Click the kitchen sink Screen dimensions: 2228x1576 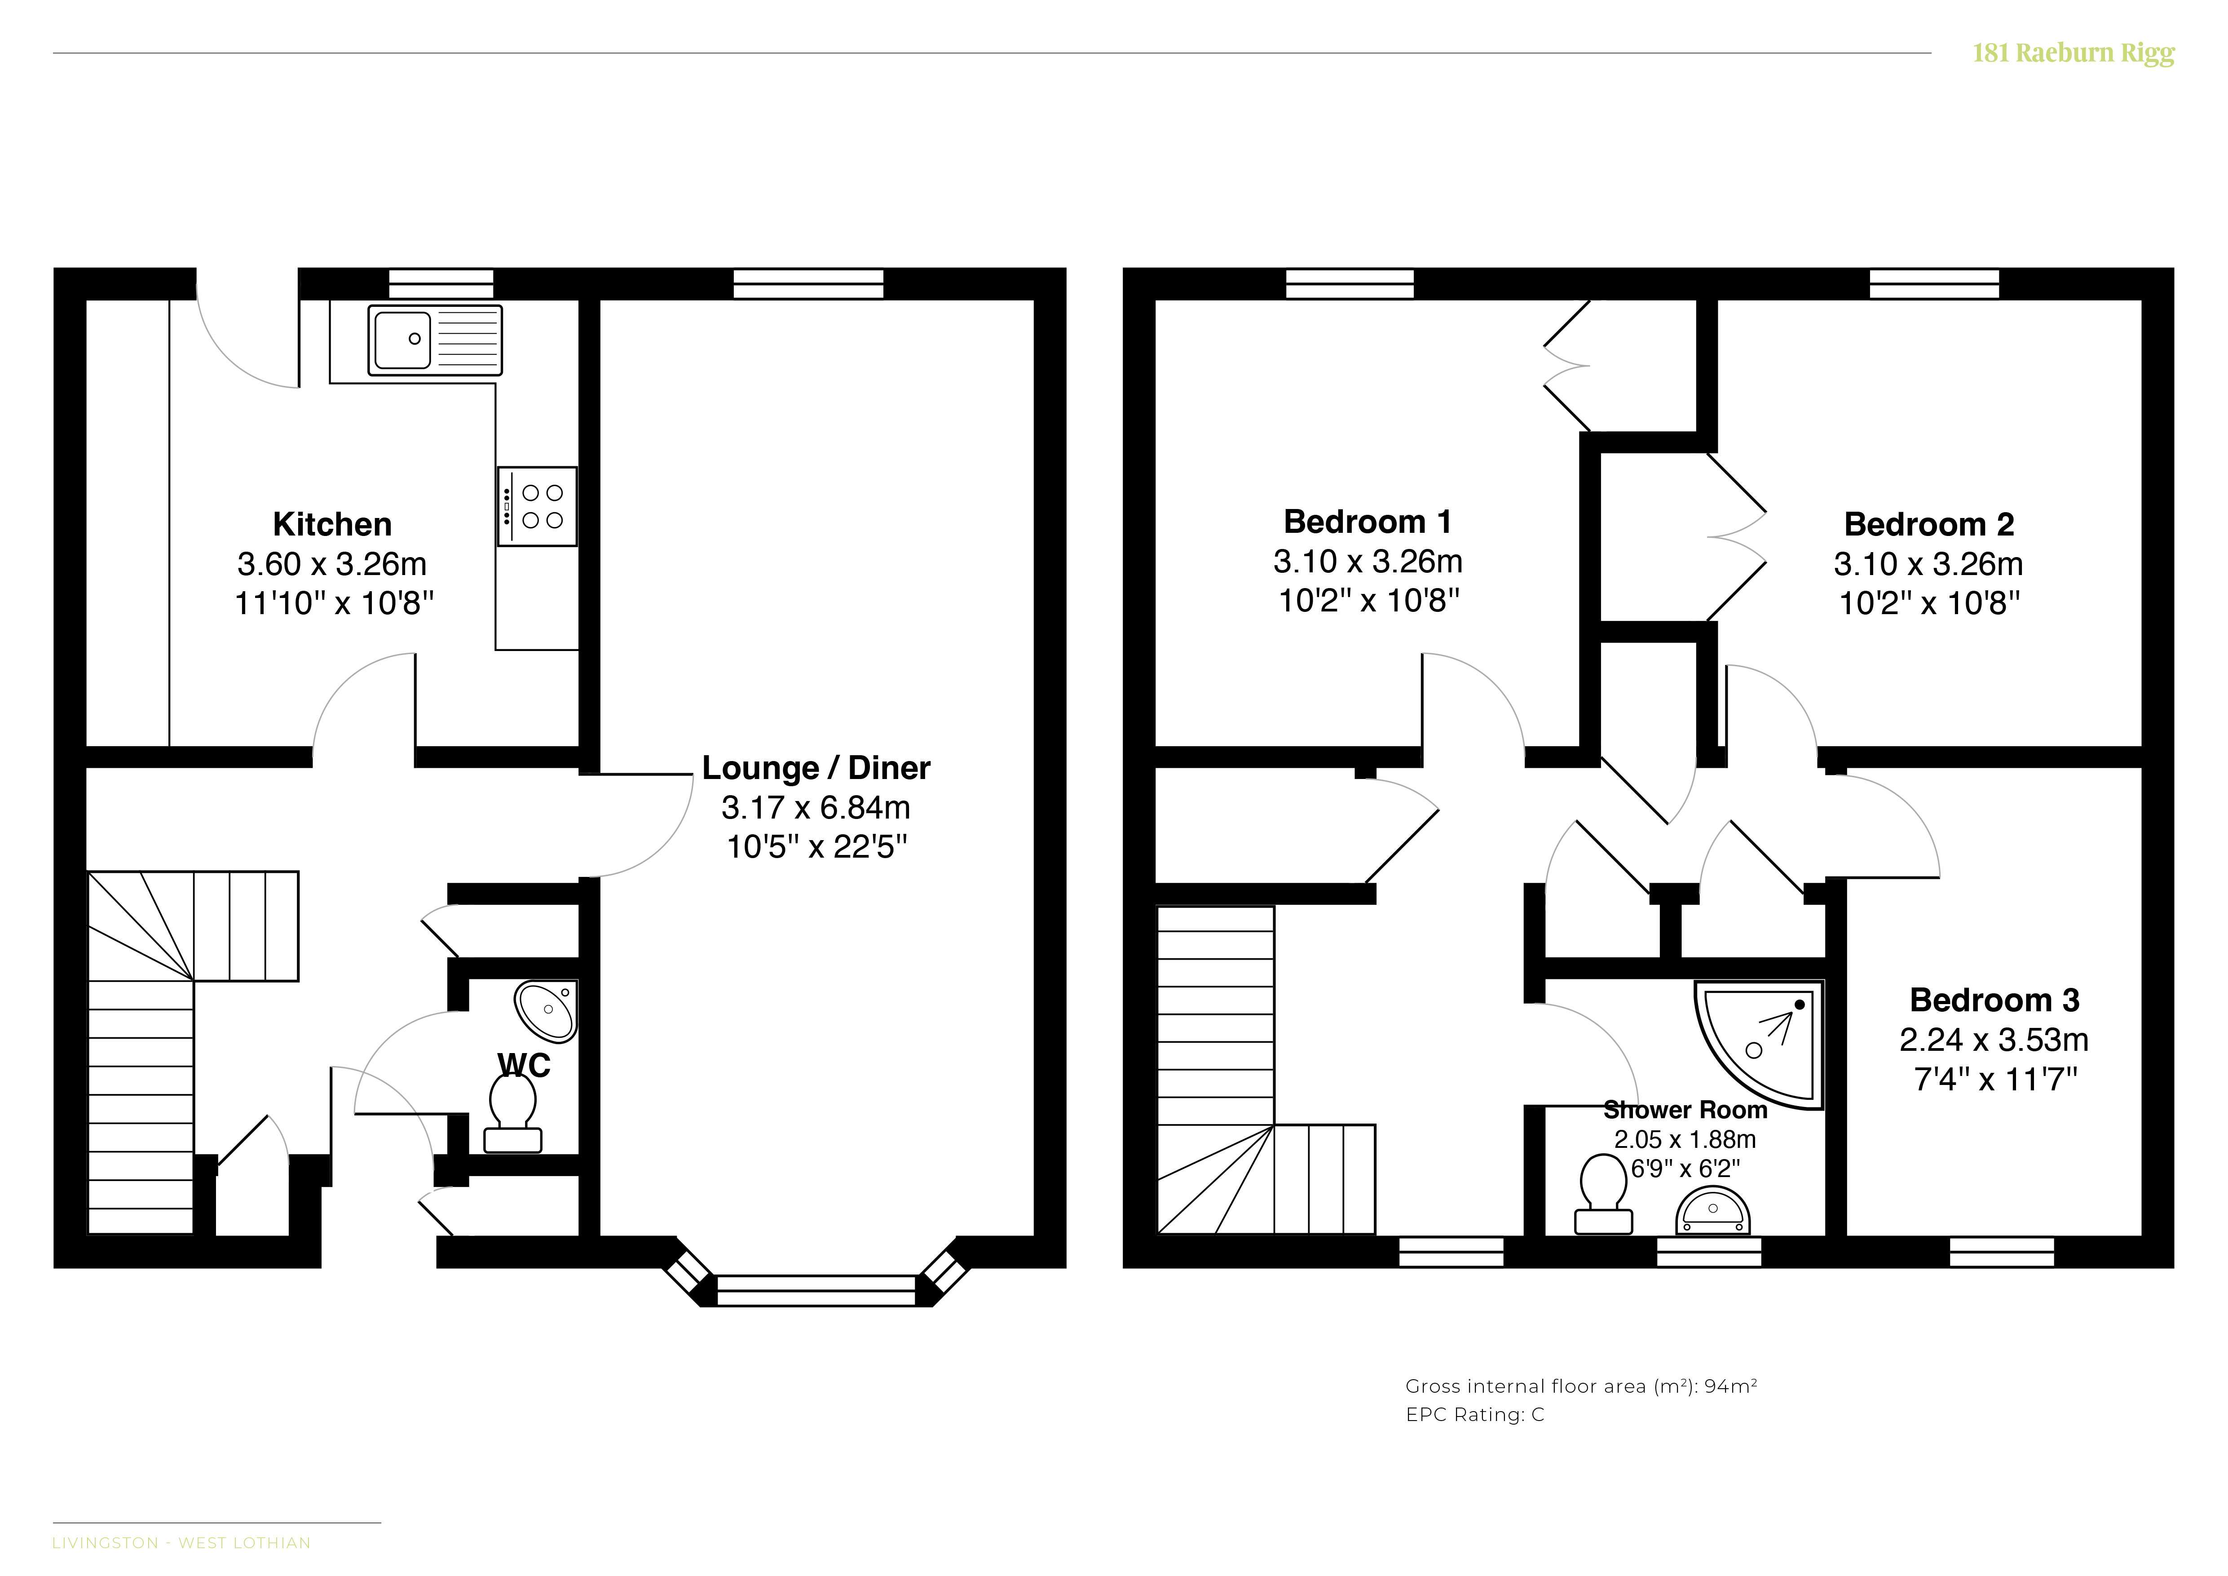point(435,340)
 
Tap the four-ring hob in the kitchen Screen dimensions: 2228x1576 point(538,507)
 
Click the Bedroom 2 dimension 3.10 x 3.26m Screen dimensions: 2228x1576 point(1928,564)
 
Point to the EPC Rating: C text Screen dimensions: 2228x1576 point(1475,1415)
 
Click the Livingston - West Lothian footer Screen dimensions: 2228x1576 point(181,1543)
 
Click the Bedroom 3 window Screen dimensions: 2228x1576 point(2002,1252)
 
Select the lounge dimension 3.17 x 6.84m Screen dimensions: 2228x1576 point(816,807)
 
